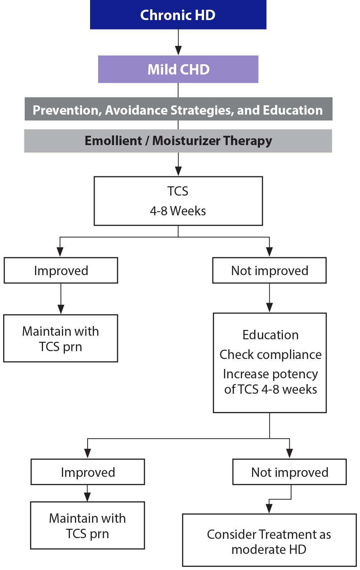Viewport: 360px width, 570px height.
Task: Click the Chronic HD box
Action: click(178, 15)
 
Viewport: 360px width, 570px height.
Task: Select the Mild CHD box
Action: click(178, 69)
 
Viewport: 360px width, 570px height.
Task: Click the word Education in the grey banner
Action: click(293, 110)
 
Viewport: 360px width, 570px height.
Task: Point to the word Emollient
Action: click(113, 141)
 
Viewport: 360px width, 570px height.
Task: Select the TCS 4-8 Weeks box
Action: click(178, 201)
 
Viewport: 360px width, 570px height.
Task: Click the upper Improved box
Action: click(61, 270)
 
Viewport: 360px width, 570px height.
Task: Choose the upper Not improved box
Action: click(269, 270)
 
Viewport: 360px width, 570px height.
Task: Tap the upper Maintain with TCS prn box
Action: click(61, 339)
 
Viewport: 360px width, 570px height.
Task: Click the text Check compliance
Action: click(270, 355)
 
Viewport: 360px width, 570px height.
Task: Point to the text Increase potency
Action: click(270, 374)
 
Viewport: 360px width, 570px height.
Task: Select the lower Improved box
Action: click(88, 472)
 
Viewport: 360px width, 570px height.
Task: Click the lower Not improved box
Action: click(290, 472)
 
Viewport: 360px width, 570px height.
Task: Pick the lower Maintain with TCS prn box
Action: click(87, 526)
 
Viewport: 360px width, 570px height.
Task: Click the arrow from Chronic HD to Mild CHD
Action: click(178, 42)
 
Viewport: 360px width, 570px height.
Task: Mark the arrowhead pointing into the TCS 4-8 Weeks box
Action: click(178, 171)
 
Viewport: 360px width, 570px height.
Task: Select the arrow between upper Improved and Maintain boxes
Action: click(61, 299)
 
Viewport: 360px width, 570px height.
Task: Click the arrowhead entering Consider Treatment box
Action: click(269, 508)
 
